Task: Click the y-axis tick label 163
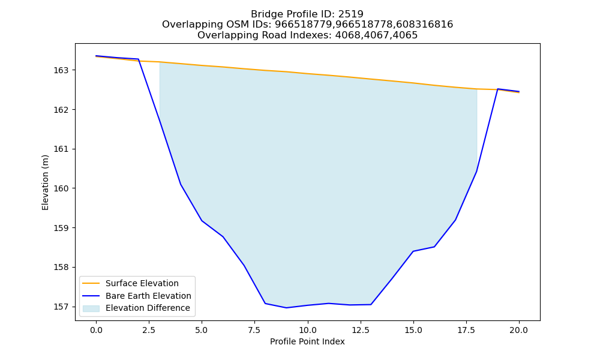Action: [61, 70]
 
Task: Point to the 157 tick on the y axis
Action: [61, 307]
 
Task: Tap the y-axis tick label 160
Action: [61, 188]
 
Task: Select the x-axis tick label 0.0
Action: [96, 330]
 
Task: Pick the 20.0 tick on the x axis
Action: [519, 330]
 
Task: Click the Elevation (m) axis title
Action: [45, 182]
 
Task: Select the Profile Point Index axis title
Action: [307, 341]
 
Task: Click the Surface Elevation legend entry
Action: [142, 283]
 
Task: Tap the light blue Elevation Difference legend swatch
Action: [91, 308]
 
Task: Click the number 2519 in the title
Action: [351, 14]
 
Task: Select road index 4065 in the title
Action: [405, 35]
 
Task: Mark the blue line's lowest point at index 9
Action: [286, 308]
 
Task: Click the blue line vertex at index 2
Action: [138, 59]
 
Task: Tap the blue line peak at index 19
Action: [498, 89]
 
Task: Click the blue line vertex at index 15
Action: [413, 251]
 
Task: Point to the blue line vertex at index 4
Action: [181, 184]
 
